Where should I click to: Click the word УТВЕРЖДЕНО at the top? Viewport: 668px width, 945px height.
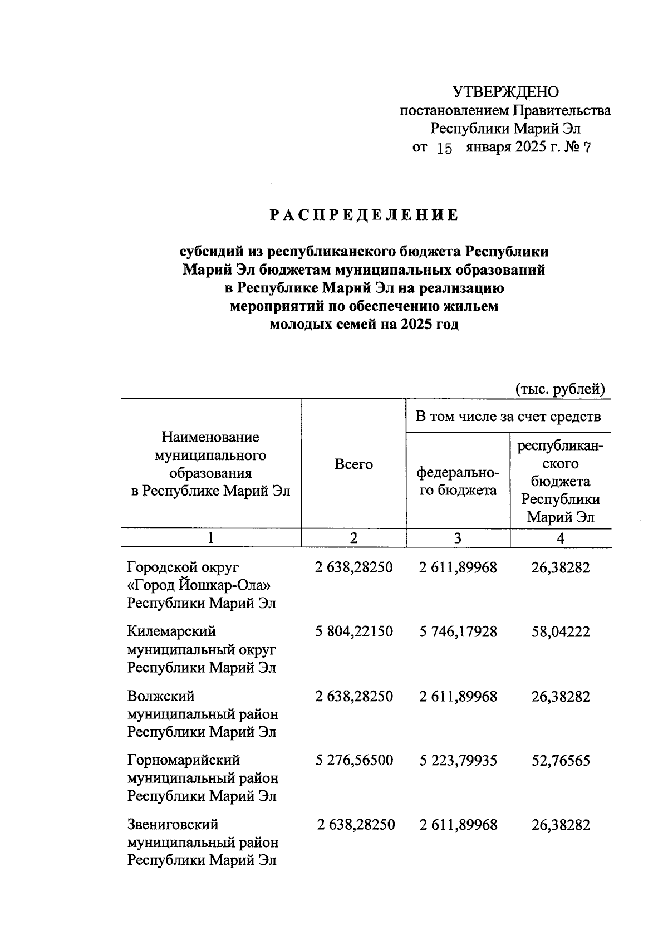[x=505, y=92]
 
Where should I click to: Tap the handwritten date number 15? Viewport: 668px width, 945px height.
[x=444, y=149]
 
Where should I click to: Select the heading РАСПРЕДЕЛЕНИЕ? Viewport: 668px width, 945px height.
[x=365, y=216]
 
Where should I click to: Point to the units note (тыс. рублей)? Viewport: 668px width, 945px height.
[x=559, y=389]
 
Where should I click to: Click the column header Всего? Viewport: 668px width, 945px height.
[x=353, y=464]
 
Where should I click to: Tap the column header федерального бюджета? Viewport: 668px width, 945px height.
[x=458, y=482]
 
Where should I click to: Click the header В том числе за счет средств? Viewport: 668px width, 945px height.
[x=508, y=417]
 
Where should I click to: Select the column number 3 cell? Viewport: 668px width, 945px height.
[x=458, y=538]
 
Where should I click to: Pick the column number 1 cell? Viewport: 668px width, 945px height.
[x=210, y=538]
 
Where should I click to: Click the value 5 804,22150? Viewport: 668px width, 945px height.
[x=353, y=632]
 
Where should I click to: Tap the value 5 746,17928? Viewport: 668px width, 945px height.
[x=458, y=632]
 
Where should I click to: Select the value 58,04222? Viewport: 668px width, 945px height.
[x=561, y=632]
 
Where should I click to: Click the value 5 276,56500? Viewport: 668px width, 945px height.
[x=353, y=761]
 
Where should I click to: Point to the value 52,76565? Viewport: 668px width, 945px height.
[x=561, y=761]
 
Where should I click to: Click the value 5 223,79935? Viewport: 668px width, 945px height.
[x=458, y=761]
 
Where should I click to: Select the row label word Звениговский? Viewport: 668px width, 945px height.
[x=173, y=825]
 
